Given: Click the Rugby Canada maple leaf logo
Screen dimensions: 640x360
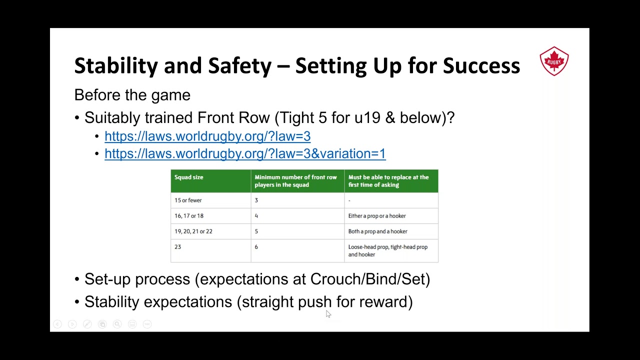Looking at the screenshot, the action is click(554, 61).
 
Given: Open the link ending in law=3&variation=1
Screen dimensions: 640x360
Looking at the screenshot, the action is click(245, 153).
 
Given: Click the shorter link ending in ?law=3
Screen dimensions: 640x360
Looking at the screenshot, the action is click(207, 136).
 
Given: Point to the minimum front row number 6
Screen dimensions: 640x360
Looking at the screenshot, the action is click(256, 247).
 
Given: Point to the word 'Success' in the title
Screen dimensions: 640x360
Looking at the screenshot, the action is click(481, 65).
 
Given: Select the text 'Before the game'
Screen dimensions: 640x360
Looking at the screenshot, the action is click(132, 95).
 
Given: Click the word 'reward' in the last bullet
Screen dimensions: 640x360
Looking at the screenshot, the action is click(383, 302).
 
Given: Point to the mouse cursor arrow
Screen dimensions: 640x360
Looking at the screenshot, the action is click(328, 313).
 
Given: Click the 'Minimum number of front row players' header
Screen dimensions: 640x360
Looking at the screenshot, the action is click(295, 181).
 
